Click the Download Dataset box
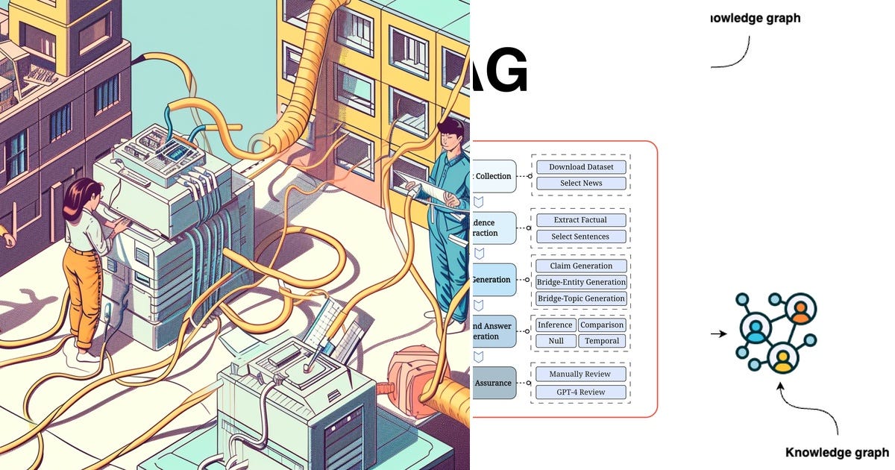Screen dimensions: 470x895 pos(581,167)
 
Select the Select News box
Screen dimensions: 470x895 pos(581,184)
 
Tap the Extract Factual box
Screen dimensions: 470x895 pos(581,220)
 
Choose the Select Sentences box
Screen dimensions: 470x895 pos(581,236)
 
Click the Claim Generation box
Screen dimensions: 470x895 pos(581,266)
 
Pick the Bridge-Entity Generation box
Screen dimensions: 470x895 pos(581,282)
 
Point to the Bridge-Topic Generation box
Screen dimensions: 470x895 pos(581,298)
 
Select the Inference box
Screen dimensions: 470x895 pos(556,325)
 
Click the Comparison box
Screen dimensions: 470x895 pos(602,325)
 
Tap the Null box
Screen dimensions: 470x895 pos(556,341)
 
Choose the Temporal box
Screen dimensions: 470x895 pos(602,341)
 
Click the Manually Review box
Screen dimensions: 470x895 pos(580,374)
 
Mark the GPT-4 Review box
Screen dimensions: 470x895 pos(580,392)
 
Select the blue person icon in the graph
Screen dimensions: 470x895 pos(756,330)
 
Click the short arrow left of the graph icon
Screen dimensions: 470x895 pos(718,334)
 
